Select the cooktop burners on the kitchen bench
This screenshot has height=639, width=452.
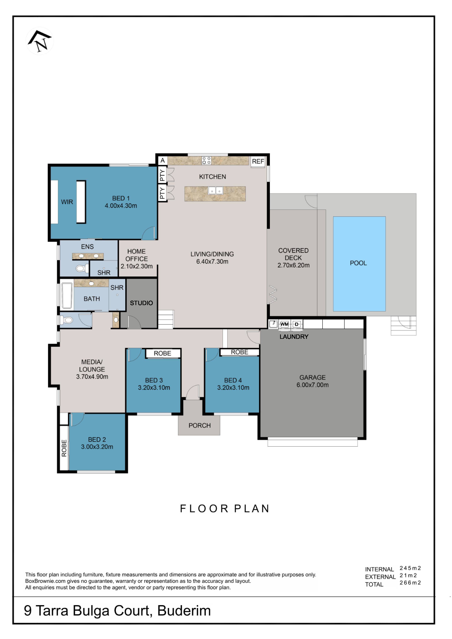click(x=207, y=160)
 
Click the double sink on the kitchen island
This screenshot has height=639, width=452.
click(x=216, y=191)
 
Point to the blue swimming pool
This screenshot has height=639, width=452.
click(x=359, y=264)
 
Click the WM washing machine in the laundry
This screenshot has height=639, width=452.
click(x=284, y=324)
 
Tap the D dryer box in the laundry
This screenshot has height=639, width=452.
click(x=297, y=324)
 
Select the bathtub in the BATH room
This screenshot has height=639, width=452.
click(x=67, y=296)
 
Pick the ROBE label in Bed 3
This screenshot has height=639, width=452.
click(x=163, y=353)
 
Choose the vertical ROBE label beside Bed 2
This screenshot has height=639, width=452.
click(x=64, y=448)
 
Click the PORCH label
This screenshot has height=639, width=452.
click(x=200, y=426)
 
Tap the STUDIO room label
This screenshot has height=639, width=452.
click(x=141, y=303)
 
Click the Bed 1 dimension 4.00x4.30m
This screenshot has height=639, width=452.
click(x=121, y=206)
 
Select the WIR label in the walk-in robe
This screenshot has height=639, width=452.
click(x=67, y=202)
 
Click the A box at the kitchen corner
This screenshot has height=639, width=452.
click(x=163, y=161)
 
